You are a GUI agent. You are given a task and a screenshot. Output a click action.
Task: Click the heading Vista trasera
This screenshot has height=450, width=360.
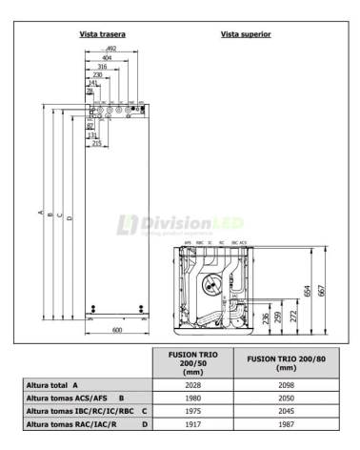pos(107,34)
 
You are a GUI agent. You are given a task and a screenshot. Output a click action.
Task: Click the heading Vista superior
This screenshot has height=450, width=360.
pos(246,34)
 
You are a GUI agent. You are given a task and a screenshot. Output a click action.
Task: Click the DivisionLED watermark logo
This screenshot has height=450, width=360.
pos(181,224)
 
